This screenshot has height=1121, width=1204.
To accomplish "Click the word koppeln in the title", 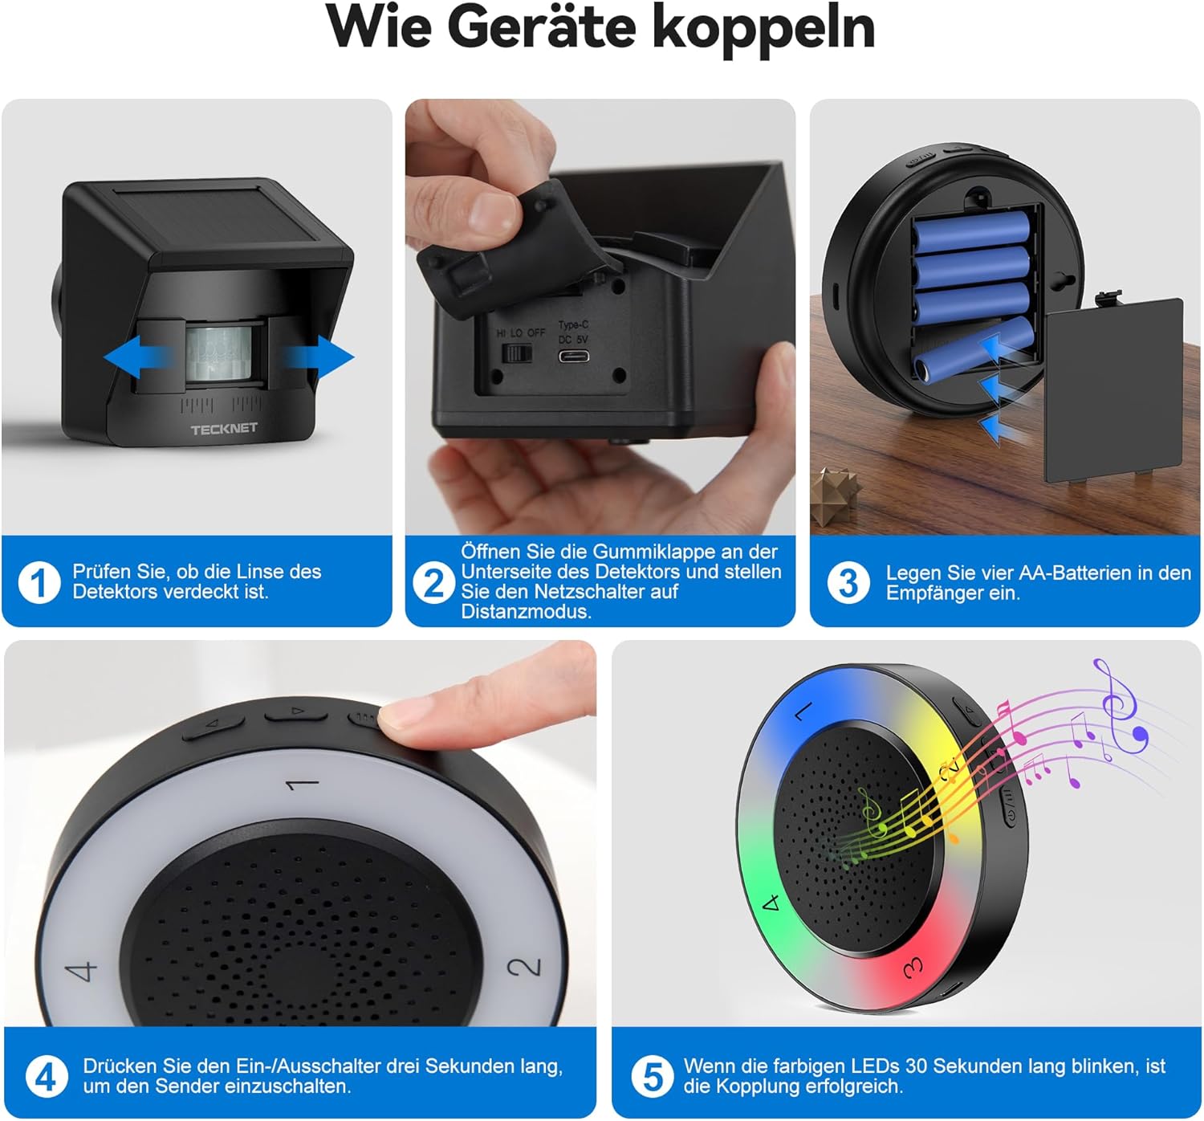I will (x=763, y=29).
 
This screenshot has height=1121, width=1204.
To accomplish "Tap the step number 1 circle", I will (x=39, y=582).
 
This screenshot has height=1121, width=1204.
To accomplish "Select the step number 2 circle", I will (x=433, y=582).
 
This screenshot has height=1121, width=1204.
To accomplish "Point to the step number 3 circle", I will (x=848, y=583).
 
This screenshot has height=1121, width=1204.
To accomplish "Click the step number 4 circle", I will (x=46, y=1076).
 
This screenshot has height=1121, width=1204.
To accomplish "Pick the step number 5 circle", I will (x=653, y=1076).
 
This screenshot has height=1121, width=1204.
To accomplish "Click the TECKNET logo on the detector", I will (x=224, y=429).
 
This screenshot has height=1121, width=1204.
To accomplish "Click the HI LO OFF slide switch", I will (x=518, y=353).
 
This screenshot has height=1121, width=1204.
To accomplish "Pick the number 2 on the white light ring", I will (x=526, y=966).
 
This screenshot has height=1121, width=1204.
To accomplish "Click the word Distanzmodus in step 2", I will (x=526, y=612).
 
